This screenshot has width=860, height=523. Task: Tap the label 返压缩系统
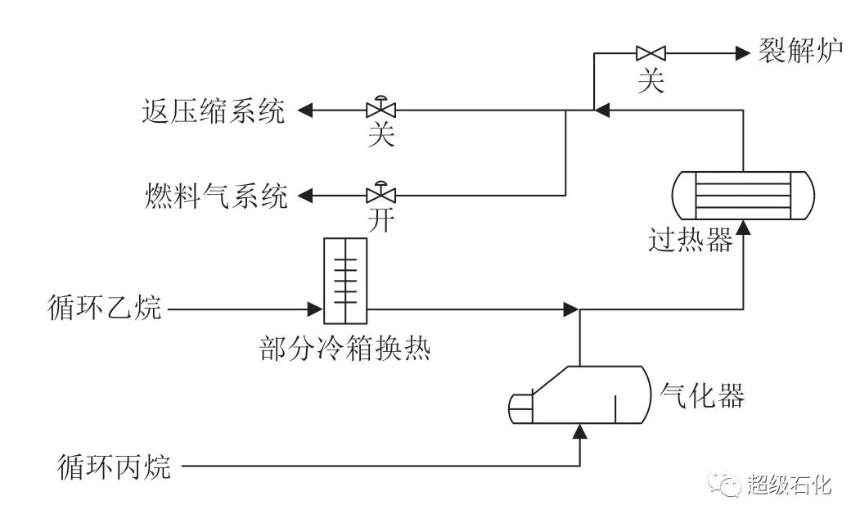point(212,110)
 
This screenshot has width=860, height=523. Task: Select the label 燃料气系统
point(213,196)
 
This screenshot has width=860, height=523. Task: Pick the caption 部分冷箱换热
point(344,349)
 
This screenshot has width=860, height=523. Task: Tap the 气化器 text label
point(702,397)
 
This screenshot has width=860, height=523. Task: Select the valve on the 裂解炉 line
point(651,54)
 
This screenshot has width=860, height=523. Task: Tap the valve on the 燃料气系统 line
point(380,195)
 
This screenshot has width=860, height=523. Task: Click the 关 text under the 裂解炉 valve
point(651,80)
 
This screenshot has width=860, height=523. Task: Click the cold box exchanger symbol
point(345,280)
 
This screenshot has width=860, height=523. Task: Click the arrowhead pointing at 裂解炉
point(743,54)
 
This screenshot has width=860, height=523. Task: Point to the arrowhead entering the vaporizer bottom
point(579,431)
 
